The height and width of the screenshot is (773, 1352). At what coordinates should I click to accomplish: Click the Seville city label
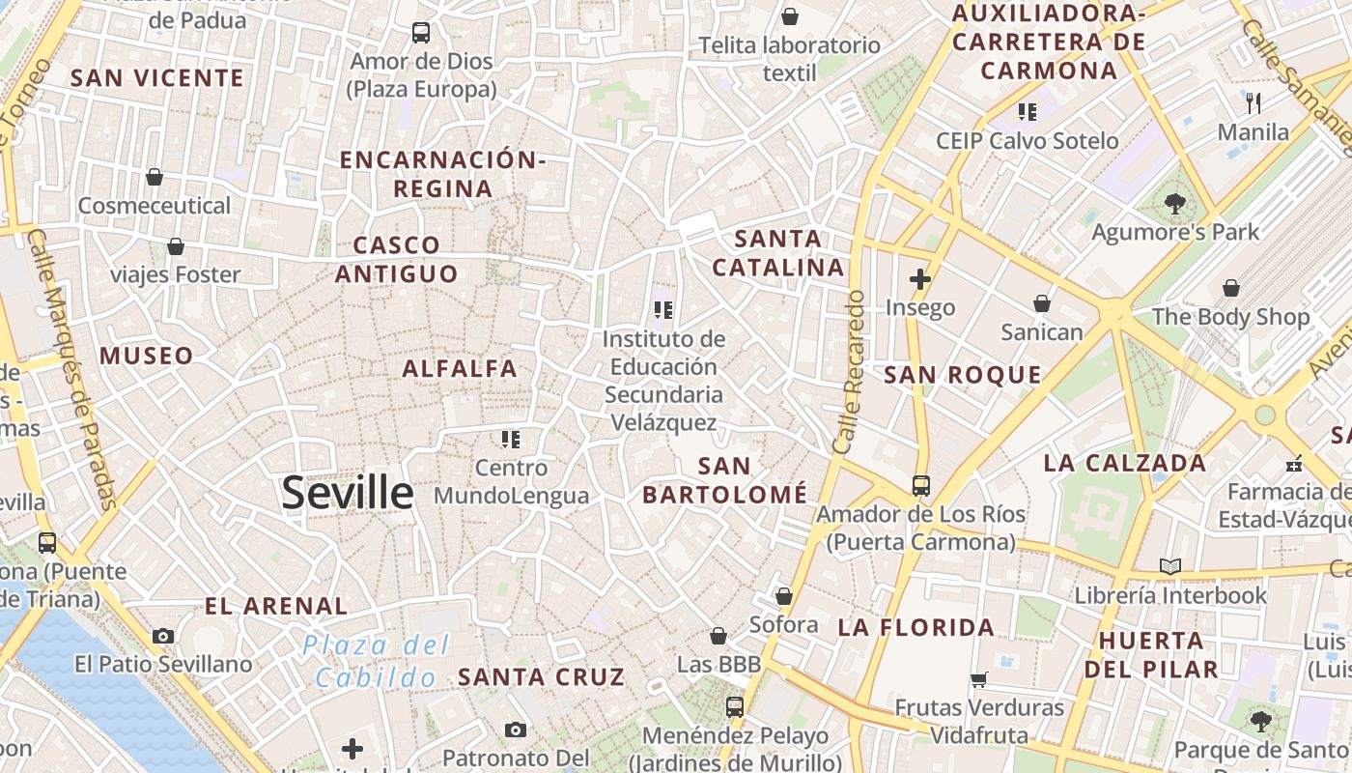coord(348,493)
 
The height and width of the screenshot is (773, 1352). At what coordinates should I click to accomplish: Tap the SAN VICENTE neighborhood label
coord(156,78)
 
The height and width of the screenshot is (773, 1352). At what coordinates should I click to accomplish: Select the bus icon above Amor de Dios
coord(421,33)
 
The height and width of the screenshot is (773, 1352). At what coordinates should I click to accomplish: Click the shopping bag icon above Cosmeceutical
coord(155,177)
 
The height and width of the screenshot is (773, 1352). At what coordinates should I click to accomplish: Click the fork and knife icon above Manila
coord(1253,102)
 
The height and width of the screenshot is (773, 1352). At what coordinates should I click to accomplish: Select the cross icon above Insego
coord(920,280)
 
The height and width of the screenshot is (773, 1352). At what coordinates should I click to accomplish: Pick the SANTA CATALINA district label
coord(778,252)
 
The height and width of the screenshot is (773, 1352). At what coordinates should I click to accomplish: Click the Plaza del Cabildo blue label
coord(376,661)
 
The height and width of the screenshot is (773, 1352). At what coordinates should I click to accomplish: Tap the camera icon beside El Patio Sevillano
coord(163,636)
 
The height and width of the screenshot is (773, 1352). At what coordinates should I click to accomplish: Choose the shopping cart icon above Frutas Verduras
coord(979,679)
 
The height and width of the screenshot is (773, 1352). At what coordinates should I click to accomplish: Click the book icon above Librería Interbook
coord(1170,566)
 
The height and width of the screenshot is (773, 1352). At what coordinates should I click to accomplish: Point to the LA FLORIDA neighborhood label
coord(915,627)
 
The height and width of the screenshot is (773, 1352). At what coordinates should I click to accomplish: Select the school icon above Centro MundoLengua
coord(511,440)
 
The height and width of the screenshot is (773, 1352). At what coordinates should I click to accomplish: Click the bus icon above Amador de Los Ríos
coord(921,485)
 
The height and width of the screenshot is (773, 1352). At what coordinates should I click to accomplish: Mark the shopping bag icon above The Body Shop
coord(1231,288)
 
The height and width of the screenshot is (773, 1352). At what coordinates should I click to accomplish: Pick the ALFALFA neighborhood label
coord(460,368)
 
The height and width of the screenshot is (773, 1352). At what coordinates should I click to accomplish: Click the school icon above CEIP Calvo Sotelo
coord(1027,112)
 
